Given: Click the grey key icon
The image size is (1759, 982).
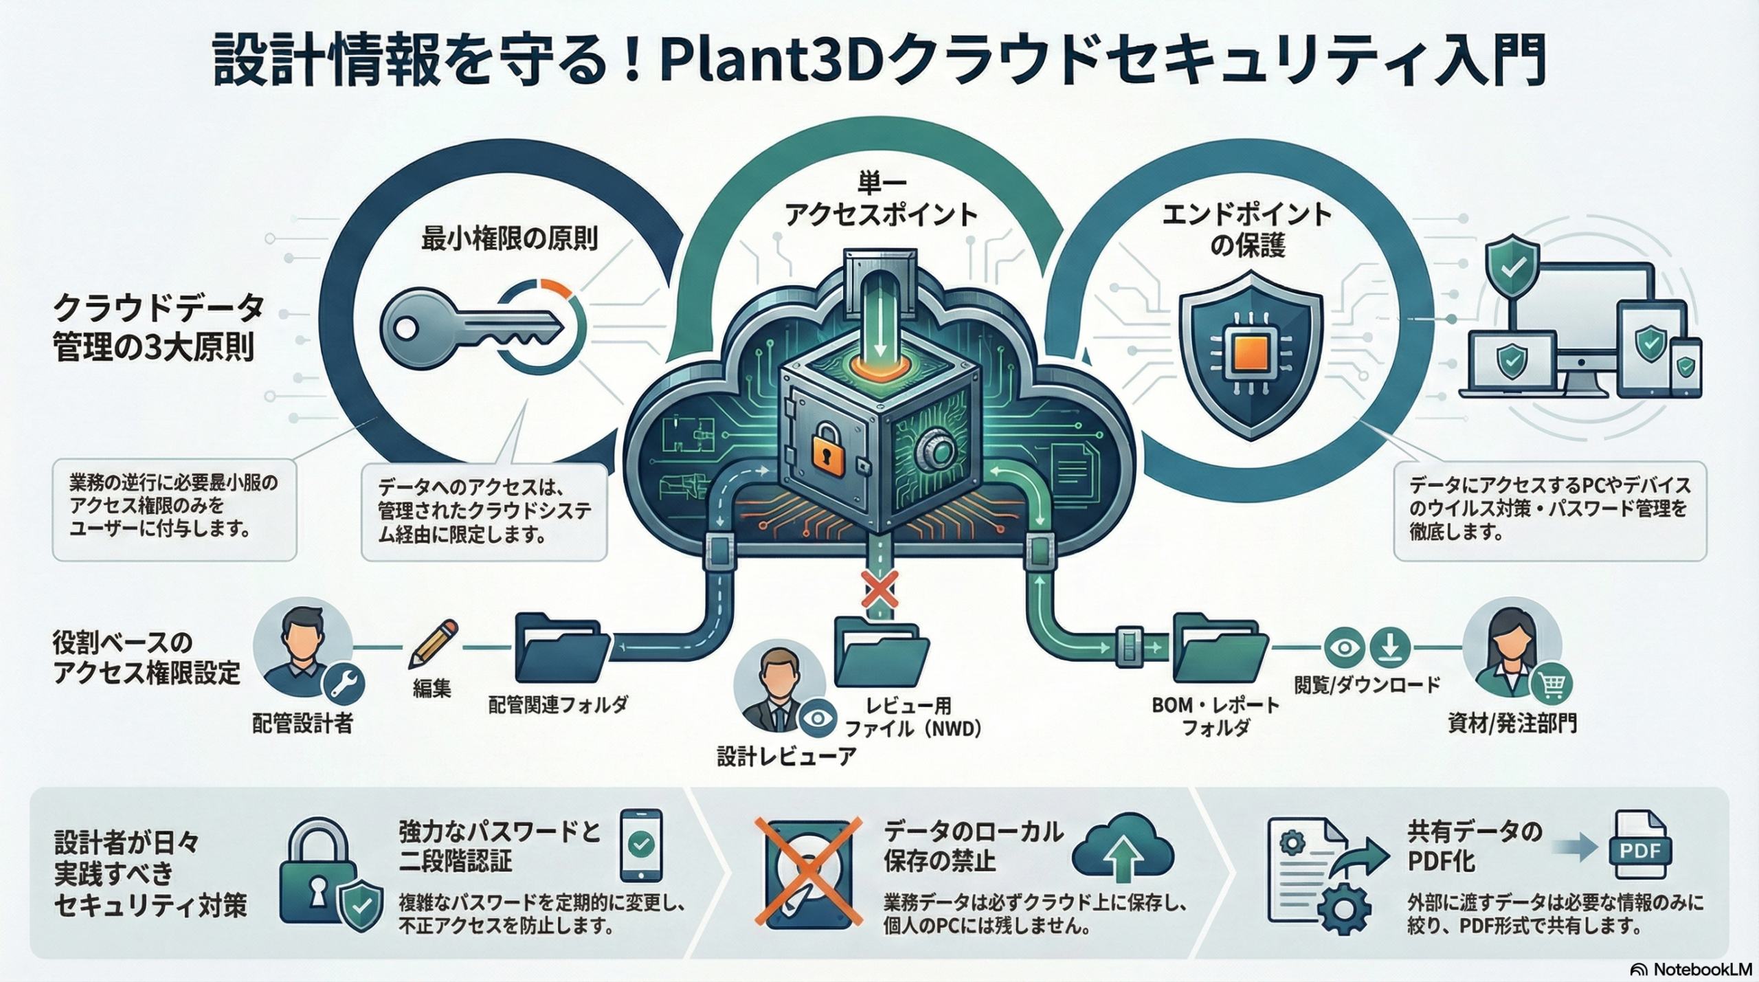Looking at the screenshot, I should pyautogui.click(x=467, y=328).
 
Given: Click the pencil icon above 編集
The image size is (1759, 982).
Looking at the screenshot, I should pyautogui.click(x=433, y=644).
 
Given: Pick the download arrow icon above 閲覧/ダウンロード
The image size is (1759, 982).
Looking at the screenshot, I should pyautogui.click(x=1389, y=647).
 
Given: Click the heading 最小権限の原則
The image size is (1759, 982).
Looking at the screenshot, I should pyautogui.click(x=509, y=238).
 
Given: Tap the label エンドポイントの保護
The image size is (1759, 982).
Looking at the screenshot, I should pyautogui.click(x=1247, y=230).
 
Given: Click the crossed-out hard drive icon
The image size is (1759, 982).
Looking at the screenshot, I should pyautogui.click(x=809, y=872).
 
